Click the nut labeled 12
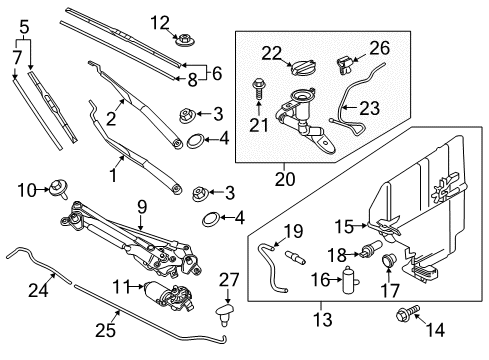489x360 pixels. coord(185,40)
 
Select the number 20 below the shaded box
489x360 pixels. coord(285,179)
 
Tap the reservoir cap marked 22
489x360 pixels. coord(303,68)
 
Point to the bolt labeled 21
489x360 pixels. coord(258,88)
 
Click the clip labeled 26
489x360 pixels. coord(344,65)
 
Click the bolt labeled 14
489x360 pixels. coord(408,313)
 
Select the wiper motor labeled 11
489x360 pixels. coord(168,295)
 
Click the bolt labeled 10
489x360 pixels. coord(59,189)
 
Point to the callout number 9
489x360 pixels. coord(142,208)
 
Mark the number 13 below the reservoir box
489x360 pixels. coord(323,319)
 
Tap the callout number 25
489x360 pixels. coord(106,330)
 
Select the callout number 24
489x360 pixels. coord(38,290)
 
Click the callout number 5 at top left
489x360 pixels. coord(24,27)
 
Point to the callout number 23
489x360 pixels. coord(369,108)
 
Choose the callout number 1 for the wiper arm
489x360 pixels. coord(113,174)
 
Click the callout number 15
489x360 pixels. coord(344,226)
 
